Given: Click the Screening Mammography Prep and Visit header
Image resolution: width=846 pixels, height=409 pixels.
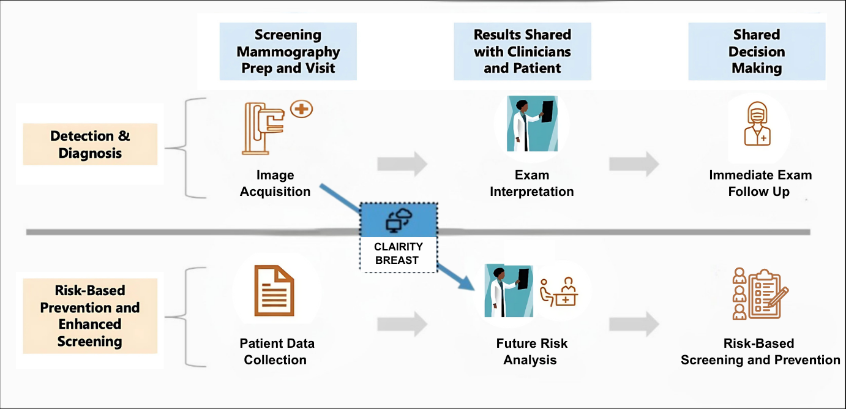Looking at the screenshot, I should (x=288, y=51).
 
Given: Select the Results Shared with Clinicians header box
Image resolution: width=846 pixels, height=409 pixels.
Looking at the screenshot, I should (x=522, y=51).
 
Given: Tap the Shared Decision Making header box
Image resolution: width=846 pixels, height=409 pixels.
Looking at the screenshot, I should (x=757, y=51).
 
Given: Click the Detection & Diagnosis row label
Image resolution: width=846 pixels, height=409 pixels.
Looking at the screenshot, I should (x=90, y=144).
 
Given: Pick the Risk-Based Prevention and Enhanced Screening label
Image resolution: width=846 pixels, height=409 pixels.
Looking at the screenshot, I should (x=90, y=316).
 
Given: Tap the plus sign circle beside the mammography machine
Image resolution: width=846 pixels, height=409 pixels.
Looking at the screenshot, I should (x=302, y=110).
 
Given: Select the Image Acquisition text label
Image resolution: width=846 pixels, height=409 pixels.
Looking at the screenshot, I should (x=275, y=184).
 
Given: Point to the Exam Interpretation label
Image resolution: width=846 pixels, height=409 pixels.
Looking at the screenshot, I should (x=531, y=184).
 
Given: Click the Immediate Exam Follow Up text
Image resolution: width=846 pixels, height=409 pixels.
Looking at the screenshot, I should (x=760, y=184).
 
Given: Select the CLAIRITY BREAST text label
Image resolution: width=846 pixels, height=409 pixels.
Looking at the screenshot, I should (x=399, y=253).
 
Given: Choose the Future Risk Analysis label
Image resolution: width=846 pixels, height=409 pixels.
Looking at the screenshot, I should (x=531, y=351).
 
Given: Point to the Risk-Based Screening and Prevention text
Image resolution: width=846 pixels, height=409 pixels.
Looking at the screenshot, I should (x=760, y=351).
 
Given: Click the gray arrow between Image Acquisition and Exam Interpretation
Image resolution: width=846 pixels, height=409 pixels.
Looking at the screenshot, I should (x=402, y=164).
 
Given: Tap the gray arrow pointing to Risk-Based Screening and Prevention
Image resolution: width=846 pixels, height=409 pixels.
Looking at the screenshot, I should (x=635, y=324).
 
